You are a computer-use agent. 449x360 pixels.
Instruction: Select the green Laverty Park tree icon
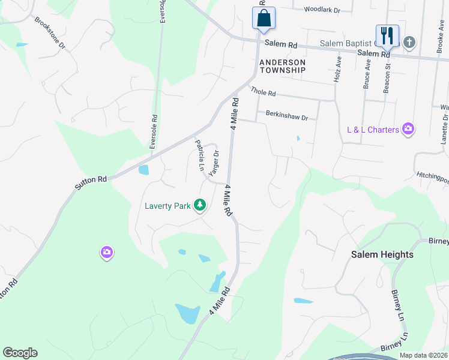[200, 206]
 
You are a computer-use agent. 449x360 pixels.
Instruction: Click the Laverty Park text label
[167, 206]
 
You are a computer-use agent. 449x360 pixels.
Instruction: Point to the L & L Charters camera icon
[409, 129]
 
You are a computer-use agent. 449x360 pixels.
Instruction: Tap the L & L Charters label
[373, 130]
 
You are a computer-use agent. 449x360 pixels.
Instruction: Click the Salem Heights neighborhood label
[382, 254]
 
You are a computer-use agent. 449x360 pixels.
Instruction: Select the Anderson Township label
[283, 66]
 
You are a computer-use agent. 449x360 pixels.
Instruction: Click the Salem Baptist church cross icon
[409, 42]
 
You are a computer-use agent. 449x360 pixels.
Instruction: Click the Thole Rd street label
[264, 92]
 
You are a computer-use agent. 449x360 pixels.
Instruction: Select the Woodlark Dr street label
[322, 10]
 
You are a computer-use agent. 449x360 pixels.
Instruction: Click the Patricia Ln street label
[200, 155]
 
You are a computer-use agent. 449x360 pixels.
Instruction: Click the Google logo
[20, 353]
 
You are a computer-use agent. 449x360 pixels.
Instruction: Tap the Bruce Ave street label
[367, 73]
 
